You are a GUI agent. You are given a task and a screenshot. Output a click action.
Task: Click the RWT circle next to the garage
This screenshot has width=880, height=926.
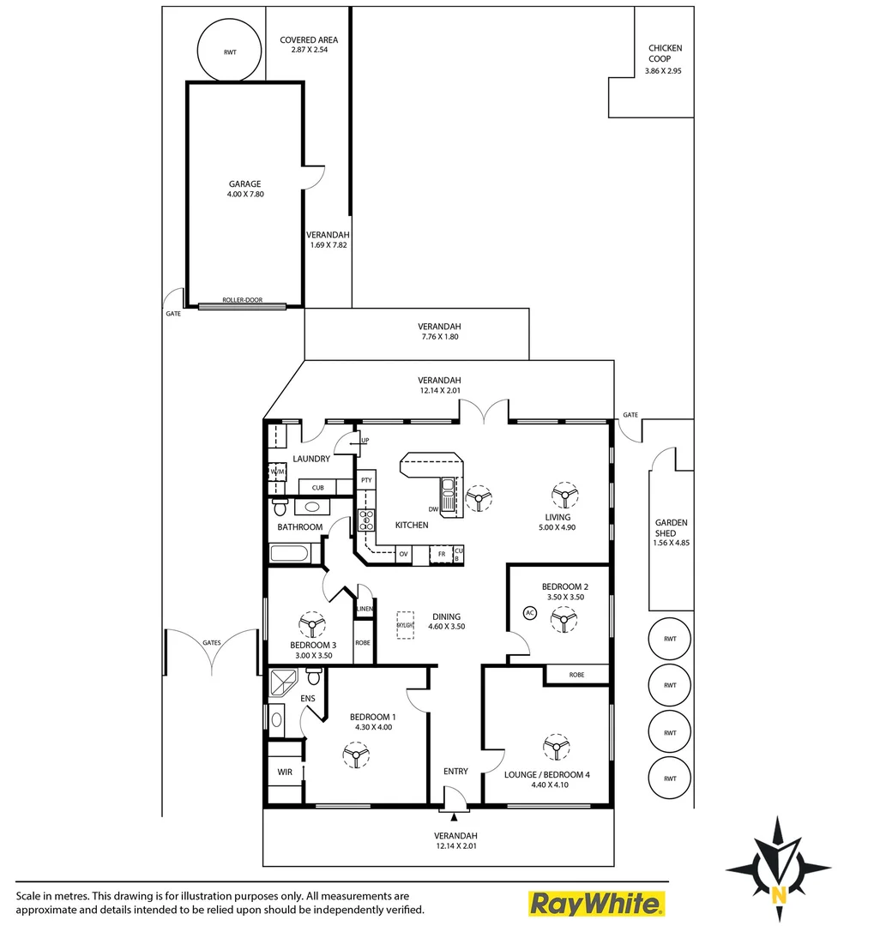tap(230, 51)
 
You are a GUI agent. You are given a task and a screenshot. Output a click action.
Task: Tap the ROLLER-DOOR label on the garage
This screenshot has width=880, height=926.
tap(242, 301)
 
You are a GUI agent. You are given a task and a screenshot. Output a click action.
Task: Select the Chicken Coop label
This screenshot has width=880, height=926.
tap(665, 54)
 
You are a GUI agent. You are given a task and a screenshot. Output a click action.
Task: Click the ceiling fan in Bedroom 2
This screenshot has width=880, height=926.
tap(563, 617)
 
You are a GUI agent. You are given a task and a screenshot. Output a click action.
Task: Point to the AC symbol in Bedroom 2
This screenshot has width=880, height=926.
tap(529, 613)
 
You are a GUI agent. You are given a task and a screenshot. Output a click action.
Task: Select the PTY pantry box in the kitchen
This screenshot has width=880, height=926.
tap(366, 480)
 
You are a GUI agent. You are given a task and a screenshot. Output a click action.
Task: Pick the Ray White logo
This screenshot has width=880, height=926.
tap(596, 903)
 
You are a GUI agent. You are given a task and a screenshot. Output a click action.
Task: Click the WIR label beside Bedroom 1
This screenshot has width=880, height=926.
tap(284, 772)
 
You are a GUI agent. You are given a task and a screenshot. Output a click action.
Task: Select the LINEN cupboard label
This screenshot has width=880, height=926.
tap(365, 609)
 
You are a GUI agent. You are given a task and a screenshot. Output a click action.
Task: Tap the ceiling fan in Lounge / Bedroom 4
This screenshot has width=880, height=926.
tap(558, 748)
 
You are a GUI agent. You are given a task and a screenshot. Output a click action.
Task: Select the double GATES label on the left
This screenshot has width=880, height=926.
tap(211, 642)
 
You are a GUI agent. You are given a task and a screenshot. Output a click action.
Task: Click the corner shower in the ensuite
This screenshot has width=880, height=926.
tap(283, 683)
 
